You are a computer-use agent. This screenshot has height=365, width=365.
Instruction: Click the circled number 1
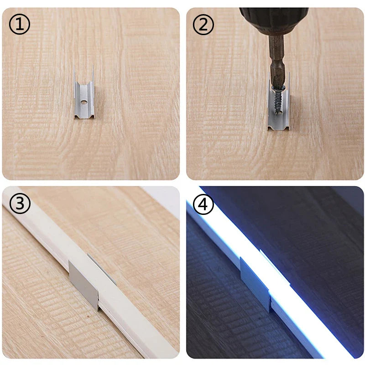click(20, 24)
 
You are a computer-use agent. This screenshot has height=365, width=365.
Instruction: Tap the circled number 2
click(203, 24)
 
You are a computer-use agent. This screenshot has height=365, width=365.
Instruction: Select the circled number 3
click(20, 203)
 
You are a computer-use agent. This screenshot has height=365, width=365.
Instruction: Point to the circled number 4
click(203, 204)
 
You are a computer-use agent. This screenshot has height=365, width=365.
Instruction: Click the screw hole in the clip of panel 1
click(83, 102)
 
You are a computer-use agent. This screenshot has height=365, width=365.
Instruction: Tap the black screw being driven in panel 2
click(278, 99)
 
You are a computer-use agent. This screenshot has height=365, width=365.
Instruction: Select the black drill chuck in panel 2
click(274, 19)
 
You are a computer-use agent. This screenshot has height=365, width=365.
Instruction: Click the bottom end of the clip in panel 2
click(278, 128)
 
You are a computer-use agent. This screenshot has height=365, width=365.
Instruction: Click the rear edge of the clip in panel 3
click(102, 269)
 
